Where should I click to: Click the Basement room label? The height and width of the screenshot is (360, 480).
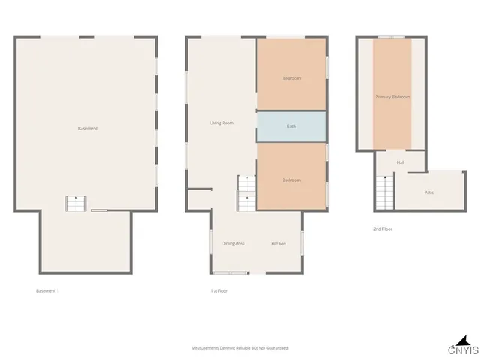pos(88,129)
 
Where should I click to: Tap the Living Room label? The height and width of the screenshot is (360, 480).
pos(222,123)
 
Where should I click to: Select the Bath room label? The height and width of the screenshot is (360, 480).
pos(292,127)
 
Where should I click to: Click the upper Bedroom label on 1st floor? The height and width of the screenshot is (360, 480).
pos(292,79)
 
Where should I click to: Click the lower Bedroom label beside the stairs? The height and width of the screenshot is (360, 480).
pos(292,181)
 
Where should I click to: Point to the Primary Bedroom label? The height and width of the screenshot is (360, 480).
pos(392,97)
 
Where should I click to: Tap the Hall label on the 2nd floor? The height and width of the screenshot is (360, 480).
pos(400,163)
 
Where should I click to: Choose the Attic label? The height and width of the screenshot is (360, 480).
pos(429,193)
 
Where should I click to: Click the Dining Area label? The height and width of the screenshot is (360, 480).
pos(233,243)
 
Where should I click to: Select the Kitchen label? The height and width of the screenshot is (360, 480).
pos(279,243)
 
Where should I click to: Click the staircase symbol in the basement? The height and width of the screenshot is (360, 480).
pos(77,204)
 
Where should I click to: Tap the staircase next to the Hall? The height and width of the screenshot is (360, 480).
pos(384,193)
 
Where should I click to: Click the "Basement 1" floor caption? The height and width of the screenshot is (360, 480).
pos(47,290)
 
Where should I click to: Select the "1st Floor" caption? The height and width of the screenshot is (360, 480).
pos(219,290)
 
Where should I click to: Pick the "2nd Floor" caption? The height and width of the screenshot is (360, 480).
pos(382,229)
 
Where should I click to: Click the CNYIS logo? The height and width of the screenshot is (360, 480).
pos(463,348)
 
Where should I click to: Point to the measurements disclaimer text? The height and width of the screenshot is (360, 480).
pos(240,348)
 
